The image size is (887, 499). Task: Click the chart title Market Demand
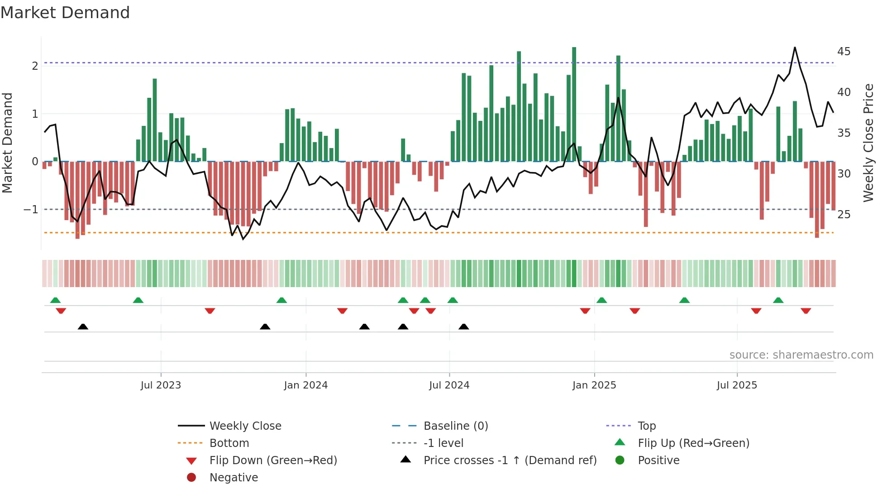65,13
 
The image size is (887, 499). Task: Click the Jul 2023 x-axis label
161,385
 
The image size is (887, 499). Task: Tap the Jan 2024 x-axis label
305,385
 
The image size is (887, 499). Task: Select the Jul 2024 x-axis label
449,385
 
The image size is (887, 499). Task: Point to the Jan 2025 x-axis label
594,385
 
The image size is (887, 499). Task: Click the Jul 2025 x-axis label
737,385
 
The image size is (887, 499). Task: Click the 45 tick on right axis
844,52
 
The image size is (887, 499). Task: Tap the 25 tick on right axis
844,214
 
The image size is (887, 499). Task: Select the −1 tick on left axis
31,210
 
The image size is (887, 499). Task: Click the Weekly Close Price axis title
868,143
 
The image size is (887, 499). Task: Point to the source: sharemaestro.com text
801,355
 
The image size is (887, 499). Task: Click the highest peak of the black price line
795,48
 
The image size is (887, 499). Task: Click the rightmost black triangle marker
463,326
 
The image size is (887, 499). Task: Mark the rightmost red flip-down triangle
806,311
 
